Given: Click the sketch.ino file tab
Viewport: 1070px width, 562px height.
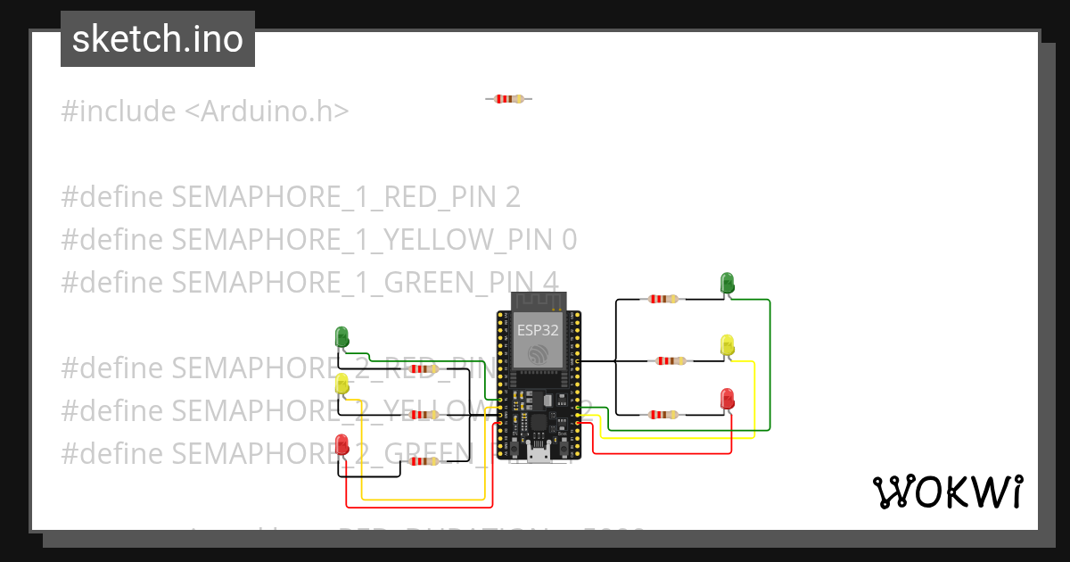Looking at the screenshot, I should pos(158,39).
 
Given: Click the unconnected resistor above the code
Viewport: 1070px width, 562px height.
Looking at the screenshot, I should pos(508,99).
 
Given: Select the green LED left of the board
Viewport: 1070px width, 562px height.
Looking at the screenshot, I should pos(342,337).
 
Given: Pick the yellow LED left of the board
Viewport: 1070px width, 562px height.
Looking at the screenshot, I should pos(342,384).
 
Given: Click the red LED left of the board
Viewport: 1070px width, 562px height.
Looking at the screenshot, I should pos(342,443).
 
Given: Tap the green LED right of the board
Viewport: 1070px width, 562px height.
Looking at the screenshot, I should pos(728,284).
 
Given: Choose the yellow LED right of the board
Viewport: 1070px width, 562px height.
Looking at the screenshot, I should pos(728,345).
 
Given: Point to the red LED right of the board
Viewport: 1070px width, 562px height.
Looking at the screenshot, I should pos(728,399).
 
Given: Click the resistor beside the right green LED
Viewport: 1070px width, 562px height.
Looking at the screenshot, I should pos(662,300).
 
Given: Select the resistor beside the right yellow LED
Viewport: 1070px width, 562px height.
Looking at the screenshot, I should pos(671,361).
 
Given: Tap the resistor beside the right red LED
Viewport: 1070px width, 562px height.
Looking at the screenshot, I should pos(662,414).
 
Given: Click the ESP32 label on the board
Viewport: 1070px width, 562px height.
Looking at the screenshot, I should pos(538,329).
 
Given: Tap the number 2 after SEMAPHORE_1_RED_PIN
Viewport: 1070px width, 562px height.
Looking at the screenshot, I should pos(512,196).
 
